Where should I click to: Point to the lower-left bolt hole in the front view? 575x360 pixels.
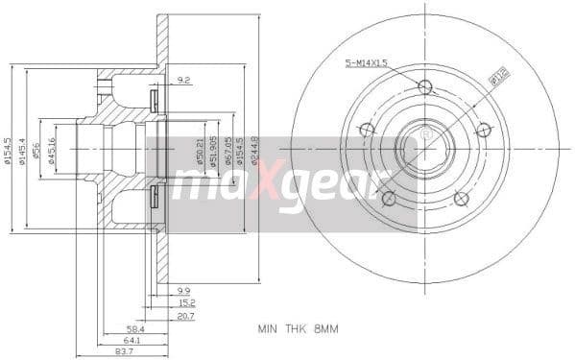(x=389, y=199)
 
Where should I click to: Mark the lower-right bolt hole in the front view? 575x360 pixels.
(x=462, y=199)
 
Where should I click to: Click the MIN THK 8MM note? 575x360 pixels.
(x=299, y=328)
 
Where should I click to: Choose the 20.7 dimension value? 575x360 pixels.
(x=184, y=314)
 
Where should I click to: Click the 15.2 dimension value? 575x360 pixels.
(x=184, y=301)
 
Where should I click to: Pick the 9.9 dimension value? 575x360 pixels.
(x=184, y=289)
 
